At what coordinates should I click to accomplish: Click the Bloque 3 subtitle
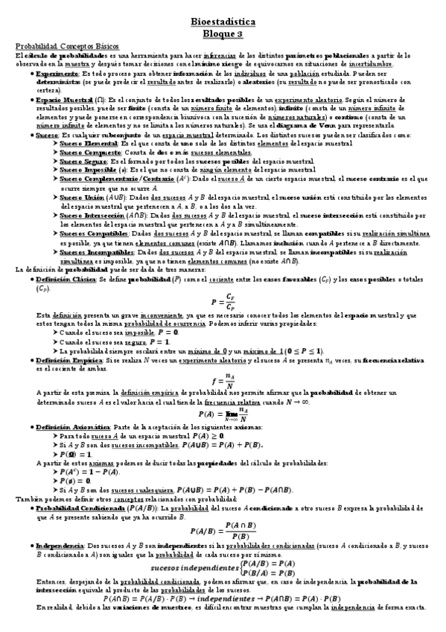click(223, 34)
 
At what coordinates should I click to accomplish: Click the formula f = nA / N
click(223, 381)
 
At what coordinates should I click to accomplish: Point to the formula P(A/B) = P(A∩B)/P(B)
click(223, 531)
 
